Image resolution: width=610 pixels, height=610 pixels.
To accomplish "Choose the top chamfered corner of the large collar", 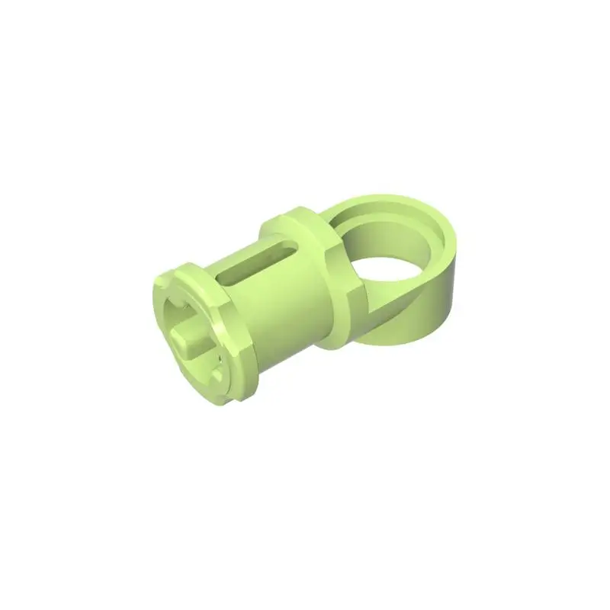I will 294,213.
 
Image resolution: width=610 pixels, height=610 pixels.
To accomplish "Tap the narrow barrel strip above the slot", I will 244,252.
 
